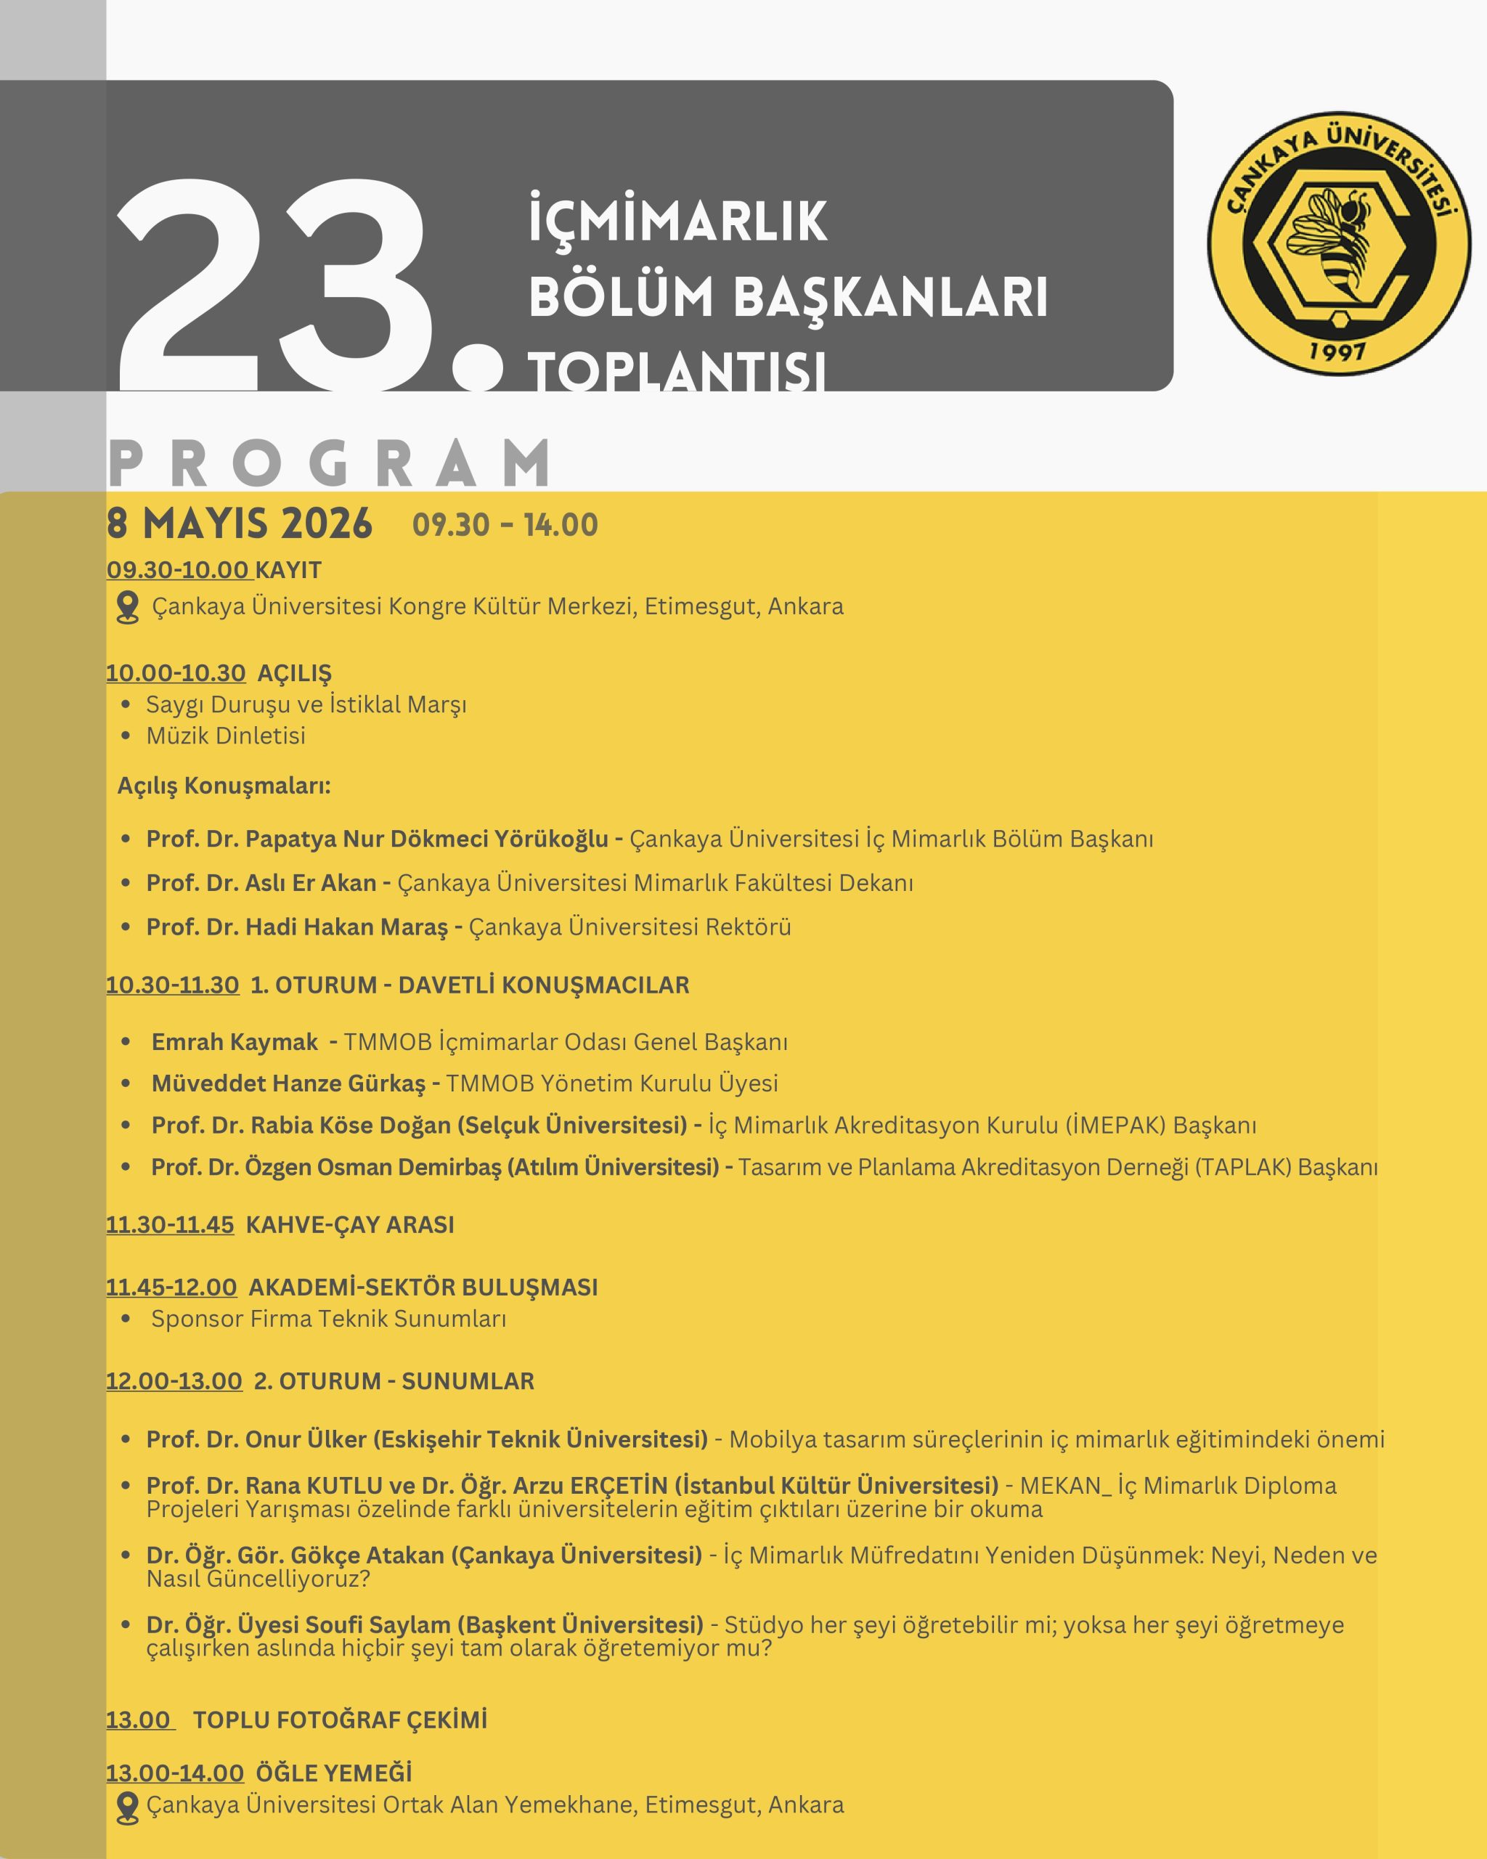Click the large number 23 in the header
[x=276, y=285]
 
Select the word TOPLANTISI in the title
[x=677, y=373]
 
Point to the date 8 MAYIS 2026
[x=239, y=524]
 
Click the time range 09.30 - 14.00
[x=505, y=525]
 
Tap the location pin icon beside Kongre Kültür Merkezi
[x=128, y=607]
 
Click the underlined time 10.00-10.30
[x=176, y=673]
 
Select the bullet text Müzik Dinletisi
[x=226, y=736]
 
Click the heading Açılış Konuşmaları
[x=224, y=786]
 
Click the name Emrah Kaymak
[x=235, y=1041]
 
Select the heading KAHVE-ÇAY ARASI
[x=349, y=1225]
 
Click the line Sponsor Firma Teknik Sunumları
[x=328, y=1319]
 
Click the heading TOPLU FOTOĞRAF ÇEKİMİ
[x=340, y=1720]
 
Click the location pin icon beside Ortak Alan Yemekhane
[x=128, y=1807]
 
